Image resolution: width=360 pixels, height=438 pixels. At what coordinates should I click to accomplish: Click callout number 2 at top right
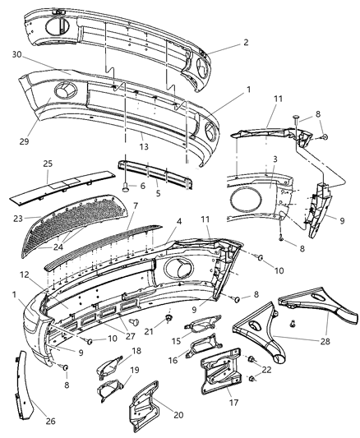222,42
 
